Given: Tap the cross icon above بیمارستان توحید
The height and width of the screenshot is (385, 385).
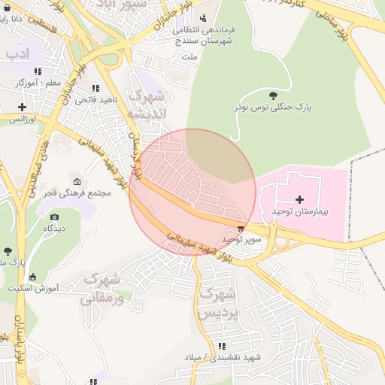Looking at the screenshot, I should (300, 199).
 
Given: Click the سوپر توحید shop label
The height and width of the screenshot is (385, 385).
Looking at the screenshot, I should (240, 238).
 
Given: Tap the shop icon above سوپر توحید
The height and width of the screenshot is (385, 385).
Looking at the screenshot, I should (240, 226).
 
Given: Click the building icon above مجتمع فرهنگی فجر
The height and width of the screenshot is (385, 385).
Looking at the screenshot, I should (76, 180).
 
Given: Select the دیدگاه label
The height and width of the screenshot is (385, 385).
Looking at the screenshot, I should (53, 228).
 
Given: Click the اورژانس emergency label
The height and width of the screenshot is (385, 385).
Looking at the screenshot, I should (23, 120).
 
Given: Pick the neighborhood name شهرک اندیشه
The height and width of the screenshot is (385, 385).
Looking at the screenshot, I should (145, 105).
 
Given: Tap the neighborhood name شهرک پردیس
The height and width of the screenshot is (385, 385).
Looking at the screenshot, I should (219, 304).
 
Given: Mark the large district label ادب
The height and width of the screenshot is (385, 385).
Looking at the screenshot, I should (17, 54).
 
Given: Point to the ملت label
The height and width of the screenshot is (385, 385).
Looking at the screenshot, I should (189, 56).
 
